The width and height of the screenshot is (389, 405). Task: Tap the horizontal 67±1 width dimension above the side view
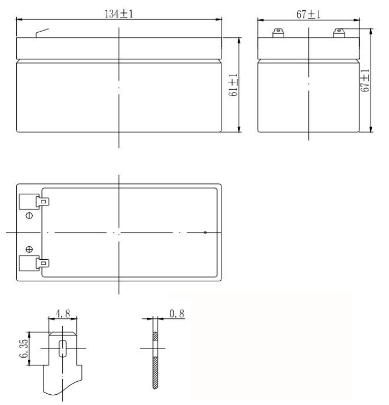coord(308,15)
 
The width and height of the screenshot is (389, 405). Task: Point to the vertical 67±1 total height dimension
coord(365,80)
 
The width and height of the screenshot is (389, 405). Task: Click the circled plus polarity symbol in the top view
coord(30,250)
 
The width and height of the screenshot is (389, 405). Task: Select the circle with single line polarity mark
coord(30,216)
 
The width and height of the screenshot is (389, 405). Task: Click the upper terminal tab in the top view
coord(43,202)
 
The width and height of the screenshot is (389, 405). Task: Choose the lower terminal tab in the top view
coord(43,264)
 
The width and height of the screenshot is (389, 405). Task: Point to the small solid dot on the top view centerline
coord(205,232)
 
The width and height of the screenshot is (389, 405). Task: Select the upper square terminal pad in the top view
coord(27,201)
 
